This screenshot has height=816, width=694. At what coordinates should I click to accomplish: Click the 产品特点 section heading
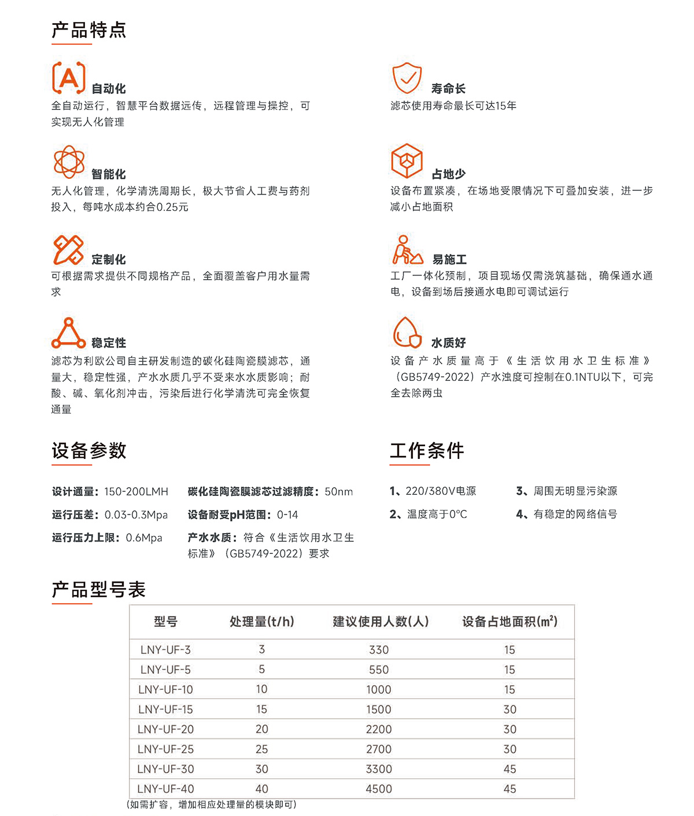pyautogui.click(x=88, y=30)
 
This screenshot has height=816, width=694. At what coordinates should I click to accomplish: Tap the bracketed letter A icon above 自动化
pyautogui.click(x=69, y=78)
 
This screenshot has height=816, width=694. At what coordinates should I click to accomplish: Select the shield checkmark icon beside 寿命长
pyautogui.click(x=407, y=78)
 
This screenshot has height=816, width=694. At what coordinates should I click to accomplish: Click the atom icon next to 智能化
pyautogui.click(x=69, y=161)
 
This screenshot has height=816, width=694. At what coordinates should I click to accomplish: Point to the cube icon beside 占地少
pyautogui.click(x=407, y=161)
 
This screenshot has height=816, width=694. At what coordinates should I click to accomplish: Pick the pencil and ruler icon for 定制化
pyautogui.click(x=68, y=250)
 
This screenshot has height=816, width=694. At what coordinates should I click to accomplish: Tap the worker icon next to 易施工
pyautogui.click(x=407, y=250)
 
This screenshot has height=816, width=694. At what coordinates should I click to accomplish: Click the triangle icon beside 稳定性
pyautogui.click(x=68, y=333)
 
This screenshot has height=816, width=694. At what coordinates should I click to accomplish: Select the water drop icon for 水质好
pyautogui.click(x=407, y=333)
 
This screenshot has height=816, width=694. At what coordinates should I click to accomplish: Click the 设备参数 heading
pyautogui.click(x=88, y=451)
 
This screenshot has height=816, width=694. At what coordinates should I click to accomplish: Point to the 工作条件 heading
pyautogui.click(x=427, y=451)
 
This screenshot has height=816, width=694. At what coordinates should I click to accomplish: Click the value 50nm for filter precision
pyautogui.click(x=339, y=492)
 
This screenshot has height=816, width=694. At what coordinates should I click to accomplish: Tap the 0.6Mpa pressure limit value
pyautogui.click(x=144, y=538)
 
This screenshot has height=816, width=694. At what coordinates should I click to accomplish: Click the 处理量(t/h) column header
pyautogui.click(x=262, y=622)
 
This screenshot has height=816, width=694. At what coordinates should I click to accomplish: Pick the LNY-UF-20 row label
pyautogui.click(x=165, y=730)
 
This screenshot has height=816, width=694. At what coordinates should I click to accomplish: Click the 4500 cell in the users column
pyautogui.click(x=379, y=789)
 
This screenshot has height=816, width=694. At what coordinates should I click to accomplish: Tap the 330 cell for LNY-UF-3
pyautogui.click(x=379, y=650)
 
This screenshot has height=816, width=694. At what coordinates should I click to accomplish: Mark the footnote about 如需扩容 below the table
pyautogui.click(x=211, y=805)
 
